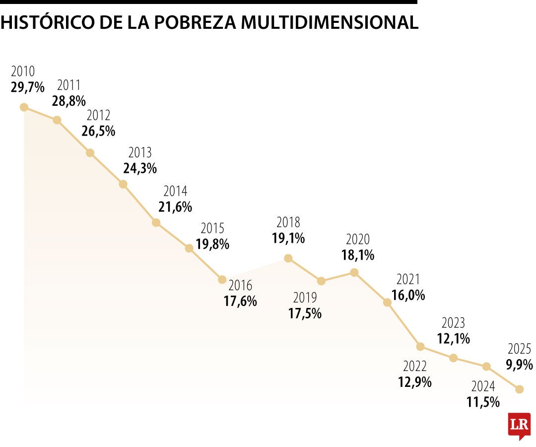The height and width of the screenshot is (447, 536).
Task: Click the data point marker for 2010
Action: coord(24,107)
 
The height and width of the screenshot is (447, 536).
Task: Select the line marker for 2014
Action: coord(156,223)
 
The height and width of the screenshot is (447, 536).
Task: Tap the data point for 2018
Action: coord(288,258)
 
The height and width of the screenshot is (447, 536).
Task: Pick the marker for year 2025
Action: coord(520,389)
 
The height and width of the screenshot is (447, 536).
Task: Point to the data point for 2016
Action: coord(222,280)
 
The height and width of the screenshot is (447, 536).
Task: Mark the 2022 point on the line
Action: coord(420,346)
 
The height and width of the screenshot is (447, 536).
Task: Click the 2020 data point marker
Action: coord(354,272)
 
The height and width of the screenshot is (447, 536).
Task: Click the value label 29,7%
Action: coord(27,87)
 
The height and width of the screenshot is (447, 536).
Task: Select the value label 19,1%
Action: coord(288,238)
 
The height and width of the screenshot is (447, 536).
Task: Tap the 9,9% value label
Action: coord(519,365)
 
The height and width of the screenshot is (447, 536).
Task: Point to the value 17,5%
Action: coord(305,313)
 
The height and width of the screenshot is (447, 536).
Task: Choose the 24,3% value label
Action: coord(140,168)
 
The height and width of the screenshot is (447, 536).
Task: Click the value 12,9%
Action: coord(414,382)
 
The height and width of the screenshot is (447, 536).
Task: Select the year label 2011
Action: coord(68,85)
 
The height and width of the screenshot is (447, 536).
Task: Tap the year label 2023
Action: coord(453,323)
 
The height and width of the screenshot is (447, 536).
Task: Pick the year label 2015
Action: coord(212,228)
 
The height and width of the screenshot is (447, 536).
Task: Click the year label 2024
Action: coord(483,386)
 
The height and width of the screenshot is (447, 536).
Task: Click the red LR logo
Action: coord(519,425)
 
